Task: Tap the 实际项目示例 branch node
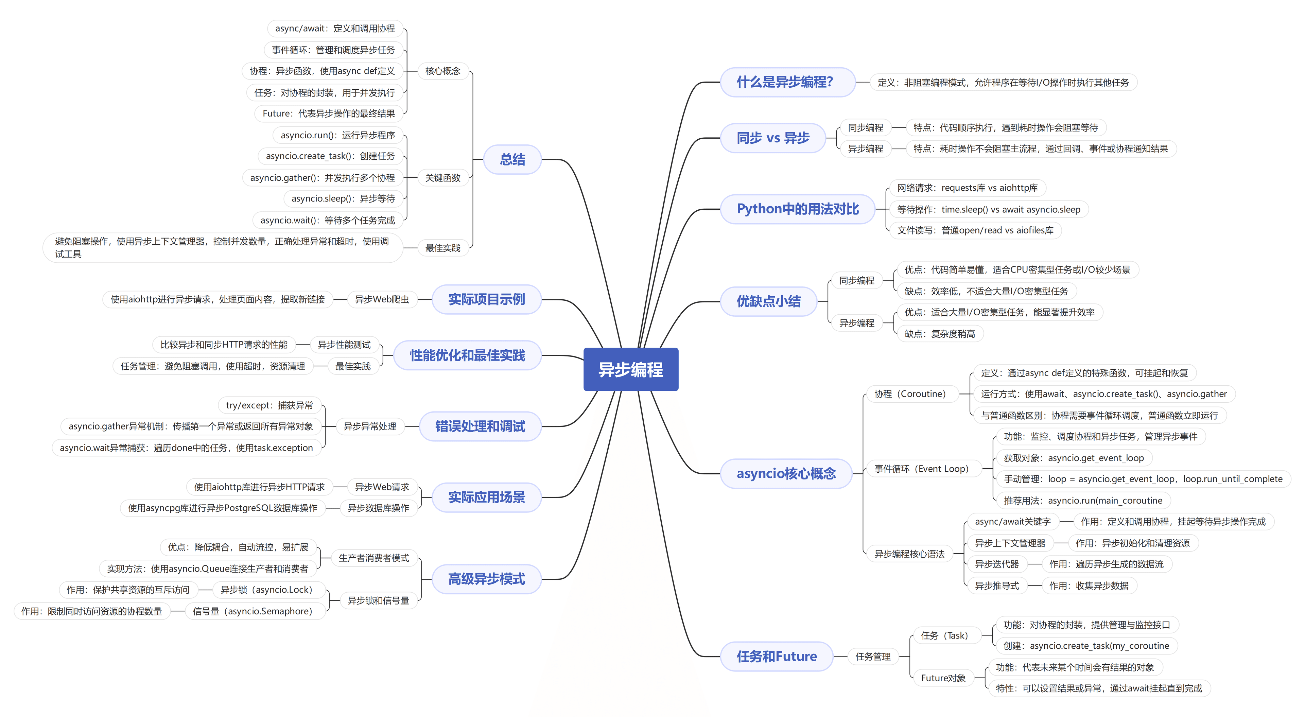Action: pos(486,299)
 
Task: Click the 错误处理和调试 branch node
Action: pos(480,426)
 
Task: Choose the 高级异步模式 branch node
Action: pos(486,579)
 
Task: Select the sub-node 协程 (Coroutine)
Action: pos(910,394)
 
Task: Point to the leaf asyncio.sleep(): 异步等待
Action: pos(343,199)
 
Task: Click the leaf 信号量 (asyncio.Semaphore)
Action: pos(252,611)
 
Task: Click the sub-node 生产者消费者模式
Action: pos(373,558)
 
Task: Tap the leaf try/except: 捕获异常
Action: pos(269,405)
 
